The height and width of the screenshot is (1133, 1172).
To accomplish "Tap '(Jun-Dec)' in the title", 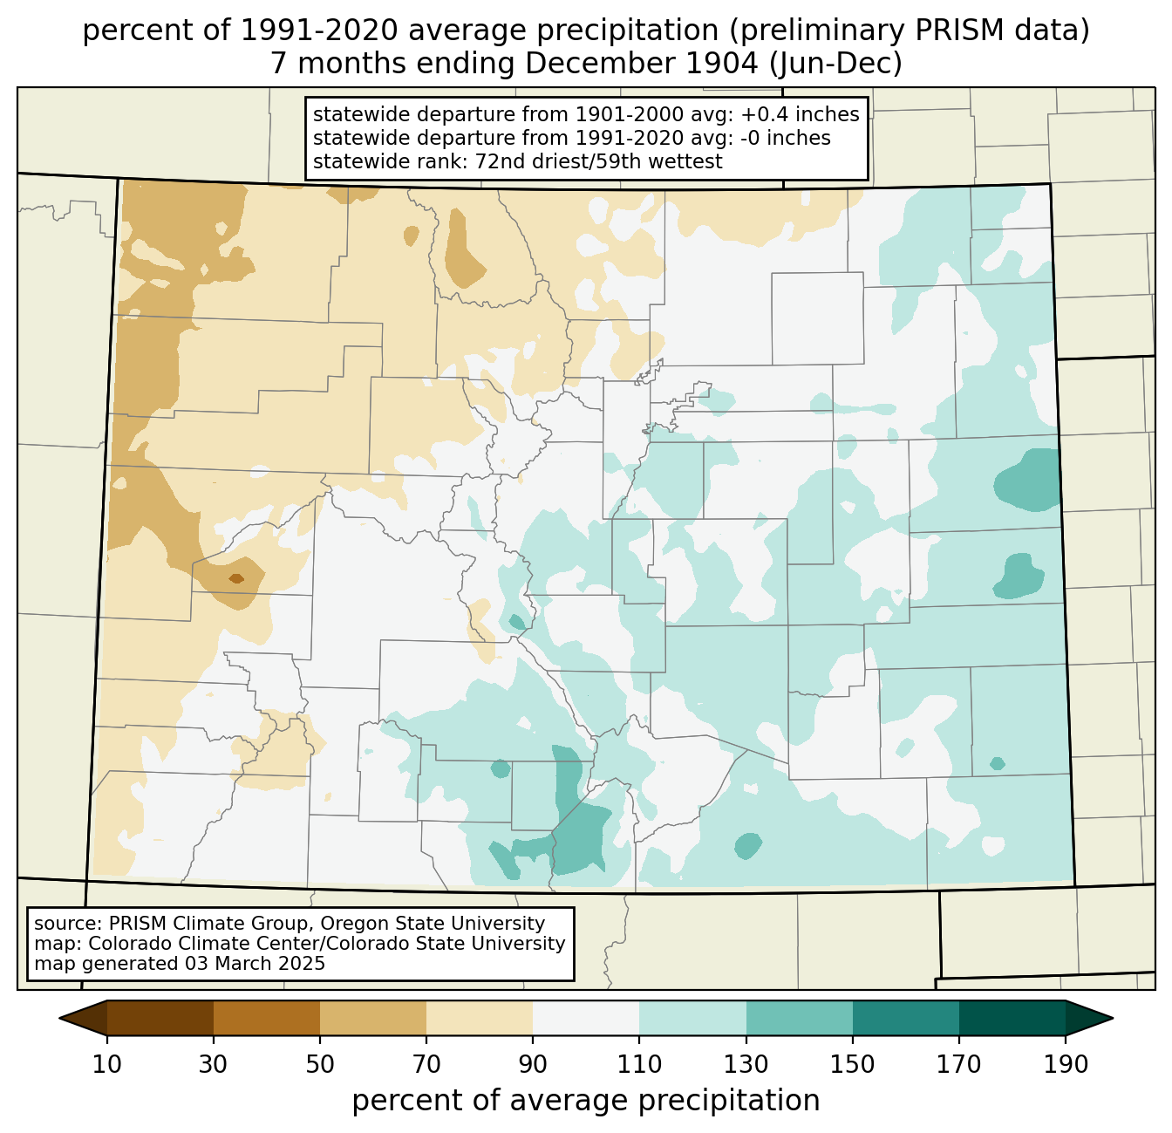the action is point(836,64).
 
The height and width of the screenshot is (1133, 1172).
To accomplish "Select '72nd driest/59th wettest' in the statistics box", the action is point(599,161).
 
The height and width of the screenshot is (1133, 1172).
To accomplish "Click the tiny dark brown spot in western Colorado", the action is point(236,578).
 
